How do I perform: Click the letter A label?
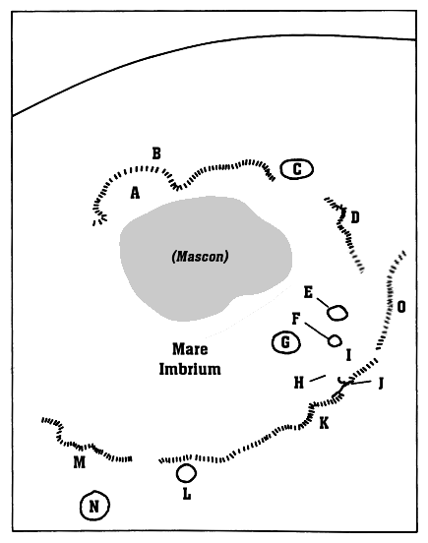(x=135, y=193)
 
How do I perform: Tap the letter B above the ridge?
(x=156, y=153)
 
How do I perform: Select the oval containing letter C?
(x=297, y=169)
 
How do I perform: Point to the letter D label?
(x=355, y=217)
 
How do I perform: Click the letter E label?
(x=308, y=292)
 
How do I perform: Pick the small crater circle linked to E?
(x=337, y=313)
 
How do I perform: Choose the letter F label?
(x=296, y=319)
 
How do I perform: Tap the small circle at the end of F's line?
(x=335, y=340)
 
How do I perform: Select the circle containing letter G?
(x=285, y=342)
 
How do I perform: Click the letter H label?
(x=299, y=383)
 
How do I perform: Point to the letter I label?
(x=348, y=355)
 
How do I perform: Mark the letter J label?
(x=380, y=384)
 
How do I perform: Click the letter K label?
(x=324, y=423)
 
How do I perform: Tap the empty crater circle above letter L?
(x=186, y=473)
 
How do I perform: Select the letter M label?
(x=80, y=462)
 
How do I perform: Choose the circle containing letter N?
(x=94, y=506)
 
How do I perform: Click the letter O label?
(x=401, y=307)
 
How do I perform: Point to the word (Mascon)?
(x=200, y=257)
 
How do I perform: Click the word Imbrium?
(x=190, y=369)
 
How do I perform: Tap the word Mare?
(x=190, y=349)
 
